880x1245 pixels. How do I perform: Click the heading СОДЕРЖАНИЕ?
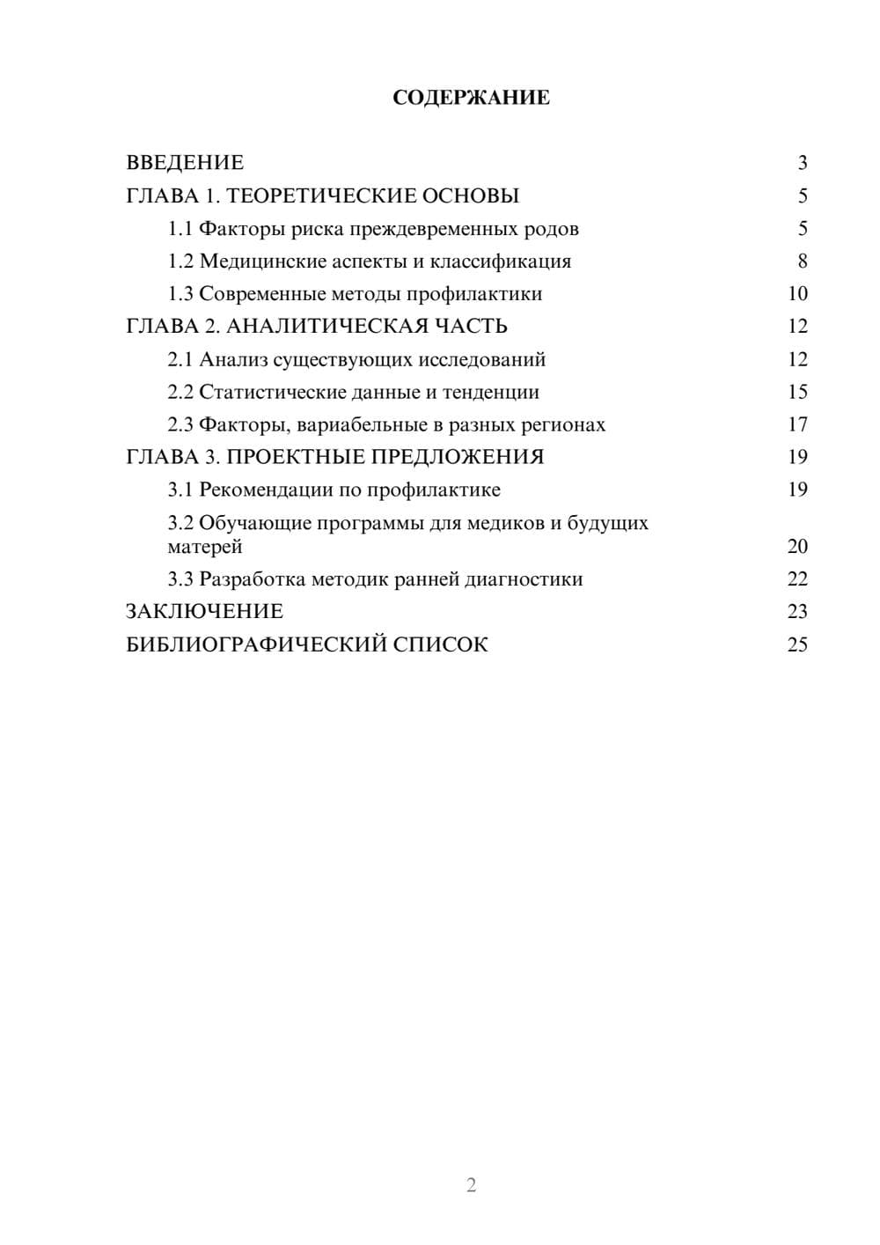coord(471,98)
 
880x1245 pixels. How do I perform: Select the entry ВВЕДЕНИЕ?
coord(185,163)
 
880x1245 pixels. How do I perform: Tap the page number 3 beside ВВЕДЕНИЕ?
coord(802,163)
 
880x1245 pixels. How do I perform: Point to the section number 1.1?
coord(180,229)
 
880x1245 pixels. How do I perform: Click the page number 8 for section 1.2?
coord(802,262)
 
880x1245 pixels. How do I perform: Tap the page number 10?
coord(797,294)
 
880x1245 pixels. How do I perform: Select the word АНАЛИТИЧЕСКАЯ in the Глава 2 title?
coord(326,327)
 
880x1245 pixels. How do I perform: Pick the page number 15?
coord(797,392)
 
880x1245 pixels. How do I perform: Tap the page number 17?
coord(797,424)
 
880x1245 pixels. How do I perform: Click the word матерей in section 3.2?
coord(205,547)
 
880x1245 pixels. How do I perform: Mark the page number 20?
coord(797,547)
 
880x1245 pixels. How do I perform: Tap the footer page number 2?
coord(471,1185)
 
